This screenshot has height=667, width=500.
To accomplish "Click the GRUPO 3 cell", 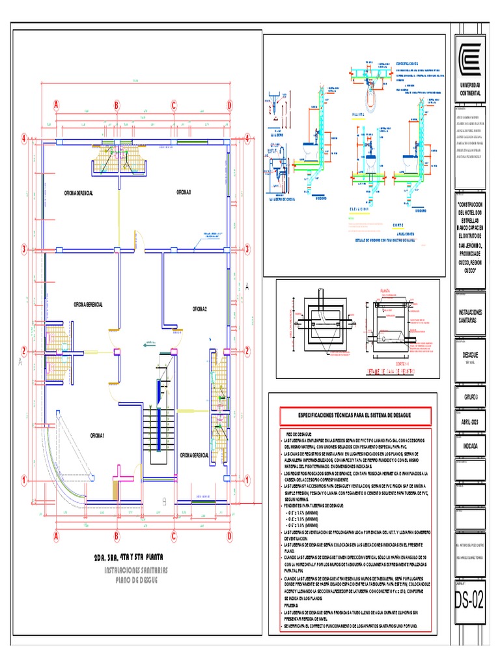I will click(469, 396).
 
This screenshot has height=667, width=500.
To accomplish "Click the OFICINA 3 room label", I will click(186, 192).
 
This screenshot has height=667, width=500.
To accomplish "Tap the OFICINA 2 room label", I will click(199, 308).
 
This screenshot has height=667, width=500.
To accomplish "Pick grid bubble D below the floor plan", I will click(229, 537).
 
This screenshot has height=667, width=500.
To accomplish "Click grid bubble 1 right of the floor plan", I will click(247, 481).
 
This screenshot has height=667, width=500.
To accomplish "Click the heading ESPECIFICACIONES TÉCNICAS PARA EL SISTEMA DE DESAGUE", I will click(354, 415).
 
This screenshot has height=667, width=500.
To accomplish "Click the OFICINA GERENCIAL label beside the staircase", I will click(194, 455).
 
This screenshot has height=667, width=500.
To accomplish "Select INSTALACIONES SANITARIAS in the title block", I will click(469, 316).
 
